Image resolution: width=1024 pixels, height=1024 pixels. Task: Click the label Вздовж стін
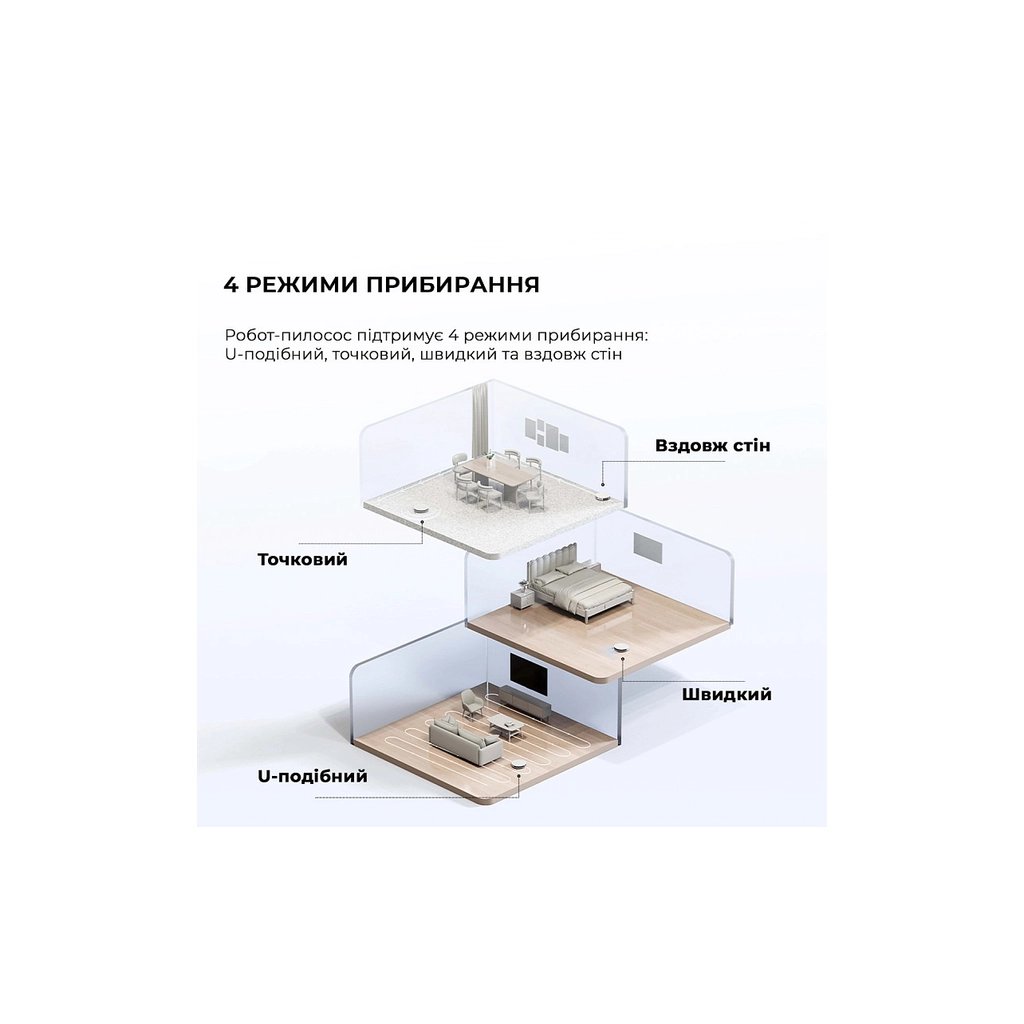[x=712, y=444]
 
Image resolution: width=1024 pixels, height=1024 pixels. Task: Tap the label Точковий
[x=302, y=559]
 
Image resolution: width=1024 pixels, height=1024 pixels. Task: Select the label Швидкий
[x=726, y=694]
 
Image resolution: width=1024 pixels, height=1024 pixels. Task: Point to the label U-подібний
[x=312, y=776]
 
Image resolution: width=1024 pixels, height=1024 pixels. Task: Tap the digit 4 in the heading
[x=231, y=284]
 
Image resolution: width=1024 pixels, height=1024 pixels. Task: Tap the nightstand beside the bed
[x=521, y=599]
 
